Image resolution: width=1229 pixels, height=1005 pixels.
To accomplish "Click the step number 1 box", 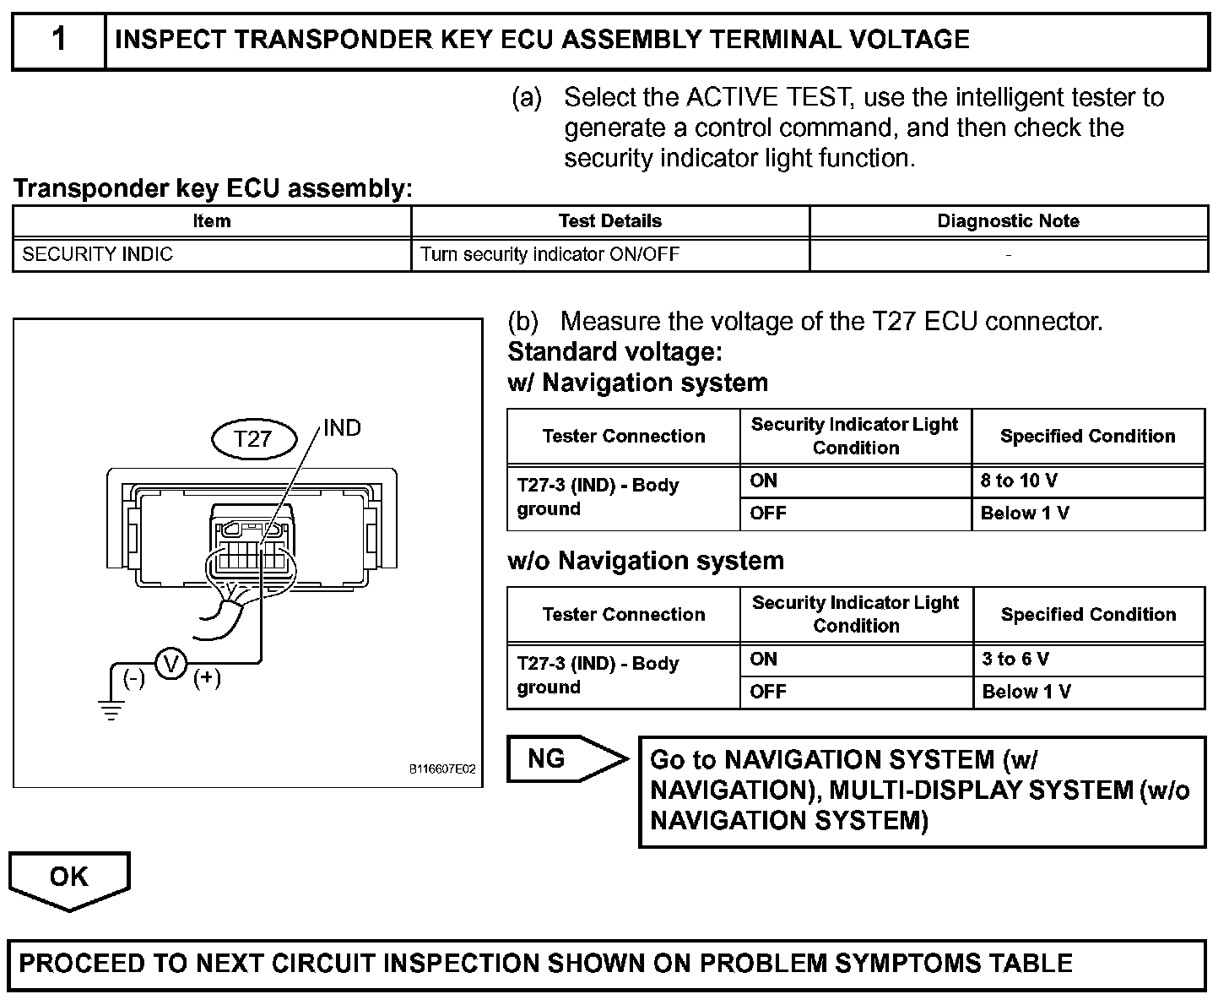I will (x=58, y=41).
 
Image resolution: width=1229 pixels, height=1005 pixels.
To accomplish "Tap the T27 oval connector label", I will (x=253, y=439).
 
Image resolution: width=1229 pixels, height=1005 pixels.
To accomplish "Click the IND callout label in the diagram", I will (x=342, y=428).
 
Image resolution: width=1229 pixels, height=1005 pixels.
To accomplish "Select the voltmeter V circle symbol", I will (x=171, y=664).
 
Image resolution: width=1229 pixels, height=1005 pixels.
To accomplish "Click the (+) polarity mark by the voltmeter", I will (x=207, y=678).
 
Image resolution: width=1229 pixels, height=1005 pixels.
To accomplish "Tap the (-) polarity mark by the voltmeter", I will (x=134, y=678).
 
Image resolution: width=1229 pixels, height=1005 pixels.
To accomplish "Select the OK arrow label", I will (x=69, y=877).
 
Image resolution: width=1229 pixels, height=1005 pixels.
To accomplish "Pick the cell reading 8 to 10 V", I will (x=1019, y=481).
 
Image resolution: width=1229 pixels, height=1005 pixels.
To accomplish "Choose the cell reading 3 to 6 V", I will (x=1015, y=660).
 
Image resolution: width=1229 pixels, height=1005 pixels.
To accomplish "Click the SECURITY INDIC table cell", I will (x=98, y=254).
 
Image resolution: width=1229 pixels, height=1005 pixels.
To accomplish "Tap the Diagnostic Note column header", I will (x=1008, y=221).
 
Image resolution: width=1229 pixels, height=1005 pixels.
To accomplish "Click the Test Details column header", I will (x=609, y=221).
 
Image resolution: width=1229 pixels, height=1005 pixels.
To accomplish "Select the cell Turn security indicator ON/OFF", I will (x=550, y=254).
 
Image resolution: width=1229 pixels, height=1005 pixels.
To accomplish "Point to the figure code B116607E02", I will (x=442, y=769).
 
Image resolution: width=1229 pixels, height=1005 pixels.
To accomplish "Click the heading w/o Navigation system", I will (x=646, y=561).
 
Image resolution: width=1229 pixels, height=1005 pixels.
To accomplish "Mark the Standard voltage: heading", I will (x=614, y=351).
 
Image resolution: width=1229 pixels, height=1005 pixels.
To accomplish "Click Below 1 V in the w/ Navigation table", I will (x=1025, y=513).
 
